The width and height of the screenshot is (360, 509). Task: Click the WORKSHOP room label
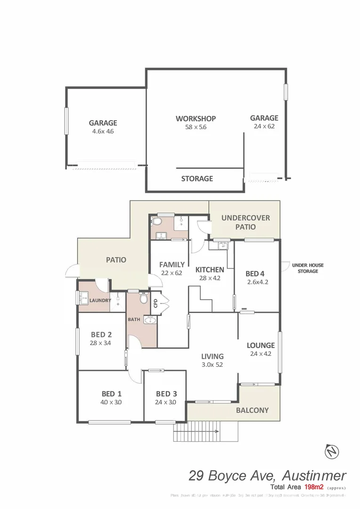pos(196,118)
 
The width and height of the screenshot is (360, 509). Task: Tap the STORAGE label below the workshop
pos(197,179)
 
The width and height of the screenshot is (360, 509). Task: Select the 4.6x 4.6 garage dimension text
pos(103,131)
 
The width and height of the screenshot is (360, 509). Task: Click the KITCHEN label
pos(210,270)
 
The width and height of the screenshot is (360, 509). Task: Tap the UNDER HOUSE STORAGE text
pos(308,268)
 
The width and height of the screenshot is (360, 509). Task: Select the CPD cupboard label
pos(155,303)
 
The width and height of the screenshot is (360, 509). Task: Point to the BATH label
pos(134,320)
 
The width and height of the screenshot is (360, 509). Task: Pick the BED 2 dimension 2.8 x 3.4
pos(101,343)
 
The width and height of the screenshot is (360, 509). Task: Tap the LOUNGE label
pos(261,345)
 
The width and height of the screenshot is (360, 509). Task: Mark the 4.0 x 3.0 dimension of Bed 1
pos(112,402)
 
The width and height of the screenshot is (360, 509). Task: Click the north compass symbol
pos(332,452)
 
